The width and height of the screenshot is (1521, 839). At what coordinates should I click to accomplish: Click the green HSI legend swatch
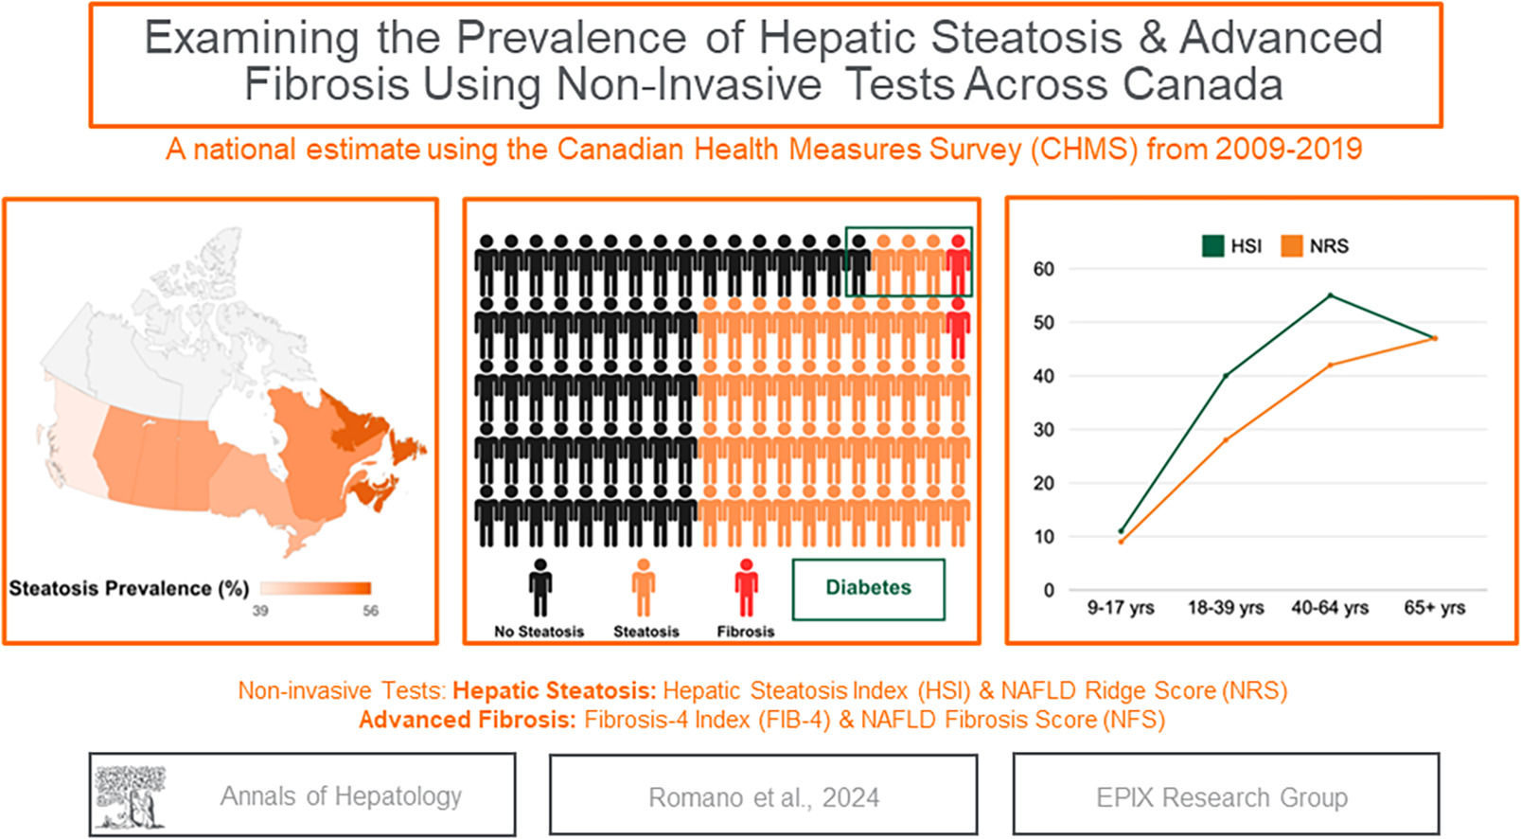1212,246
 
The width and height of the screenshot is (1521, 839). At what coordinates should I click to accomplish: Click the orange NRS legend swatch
1291,246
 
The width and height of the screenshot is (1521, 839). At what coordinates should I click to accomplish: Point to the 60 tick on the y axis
1043,269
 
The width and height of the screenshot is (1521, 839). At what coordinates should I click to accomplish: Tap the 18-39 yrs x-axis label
1225,608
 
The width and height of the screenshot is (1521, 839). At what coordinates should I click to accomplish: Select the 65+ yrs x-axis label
1434,608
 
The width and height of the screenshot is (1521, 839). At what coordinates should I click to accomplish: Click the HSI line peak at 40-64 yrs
1330,295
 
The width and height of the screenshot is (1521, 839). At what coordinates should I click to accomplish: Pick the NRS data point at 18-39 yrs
1225,439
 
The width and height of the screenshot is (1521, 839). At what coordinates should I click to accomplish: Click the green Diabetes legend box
868,588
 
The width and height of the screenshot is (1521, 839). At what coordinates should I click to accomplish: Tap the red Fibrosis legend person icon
746,587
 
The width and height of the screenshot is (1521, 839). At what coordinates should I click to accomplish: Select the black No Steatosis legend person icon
539,587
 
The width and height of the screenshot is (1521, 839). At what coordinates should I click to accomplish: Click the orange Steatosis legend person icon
644,587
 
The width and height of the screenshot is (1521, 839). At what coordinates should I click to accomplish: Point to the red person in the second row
958,327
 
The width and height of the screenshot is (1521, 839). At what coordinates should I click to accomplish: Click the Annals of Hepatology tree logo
130,795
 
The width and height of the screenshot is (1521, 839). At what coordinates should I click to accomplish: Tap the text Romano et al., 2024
763,797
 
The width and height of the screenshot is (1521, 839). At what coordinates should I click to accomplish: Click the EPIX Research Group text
1221,797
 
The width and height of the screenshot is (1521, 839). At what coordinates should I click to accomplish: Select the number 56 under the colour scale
370,611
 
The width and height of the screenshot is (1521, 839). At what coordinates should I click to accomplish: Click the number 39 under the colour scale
260,611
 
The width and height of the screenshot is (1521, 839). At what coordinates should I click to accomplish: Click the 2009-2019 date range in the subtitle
1289,149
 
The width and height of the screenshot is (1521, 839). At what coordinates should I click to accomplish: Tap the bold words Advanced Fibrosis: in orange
467,720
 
